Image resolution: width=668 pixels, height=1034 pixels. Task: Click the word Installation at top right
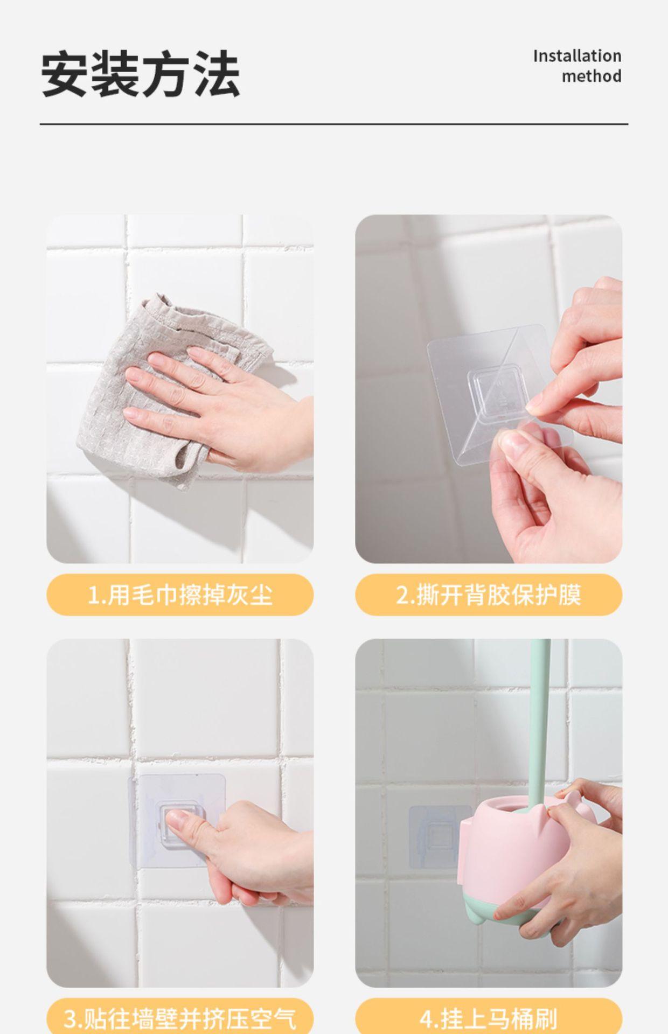(x=577, y=56)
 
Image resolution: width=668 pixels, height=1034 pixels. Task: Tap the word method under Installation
(x=592, y=76)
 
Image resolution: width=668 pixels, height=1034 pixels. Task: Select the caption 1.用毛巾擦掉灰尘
(x=180, y=595)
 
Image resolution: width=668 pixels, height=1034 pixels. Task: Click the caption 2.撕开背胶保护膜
(x=489, y=595)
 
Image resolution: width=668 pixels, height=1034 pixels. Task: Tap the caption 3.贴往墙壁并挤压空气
(x=180, y=1018)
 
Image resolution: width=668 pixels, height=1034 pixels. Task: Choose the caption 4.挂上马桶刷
(x=489, y=1018)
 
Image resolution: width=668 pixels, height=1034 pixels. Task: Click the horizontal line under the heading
(x=334, y=124)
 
